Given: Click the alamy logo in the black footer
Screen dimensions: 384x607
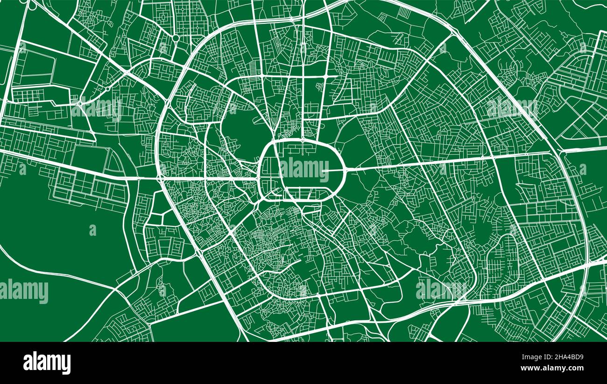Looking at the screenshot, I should pyautogui.click(x=47, y=362).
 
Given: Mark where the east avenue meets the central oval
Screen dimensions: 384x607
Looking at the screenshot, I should pyautogui.click(x=345, y=170).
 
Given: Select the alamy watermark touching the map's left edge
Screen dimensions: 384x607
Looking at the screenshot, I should pyautogui.click(x=24, y=291).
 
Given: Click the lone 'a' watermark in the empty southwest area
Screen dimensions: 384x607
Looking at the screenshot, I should pyautogui.click(x=92, y=230).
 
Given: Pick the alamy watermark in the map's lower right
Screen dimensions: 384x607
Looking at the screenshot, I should pyautogui.click(x=440, y=289).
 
